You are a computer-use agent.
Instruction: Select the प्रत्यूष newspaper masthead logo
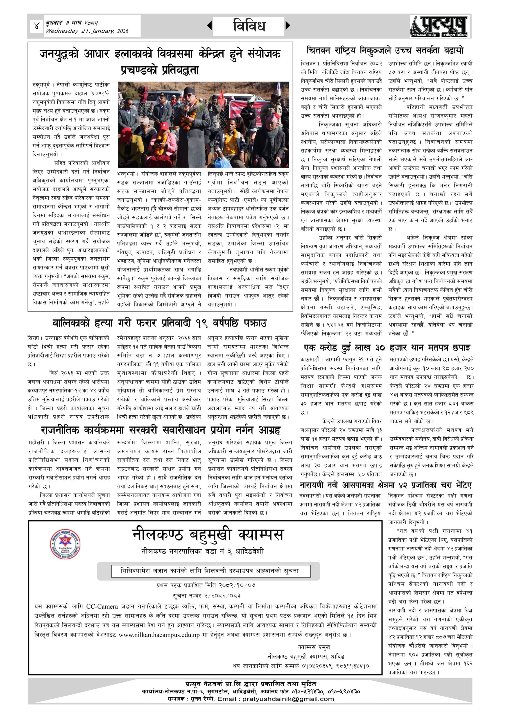pyautogui.click(x=439, y=26)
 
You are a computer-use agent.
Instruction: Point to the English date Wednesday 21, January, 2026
pyautogui.click(x=87, y=31)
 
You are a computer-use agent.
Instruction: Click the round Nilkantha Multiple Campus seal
pyautogui.click(x=65, y=544)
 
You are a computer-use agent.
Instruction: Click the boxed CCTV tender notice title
pyautogui.click(x=210, y=571)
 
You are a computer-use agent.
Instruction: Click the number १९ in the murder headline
pyautogui.click(x=202, y=323)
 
